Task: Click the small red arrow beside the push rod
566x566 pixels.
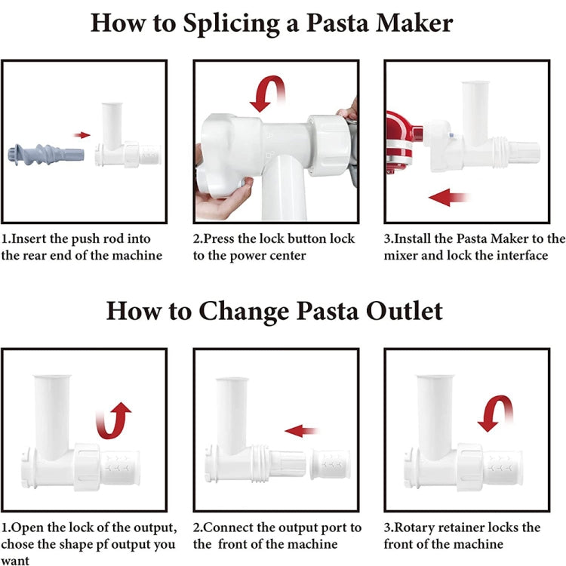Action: click(x=82, y=135)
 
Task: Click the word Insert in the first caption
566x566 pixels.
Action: click(x=32, y=238)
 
